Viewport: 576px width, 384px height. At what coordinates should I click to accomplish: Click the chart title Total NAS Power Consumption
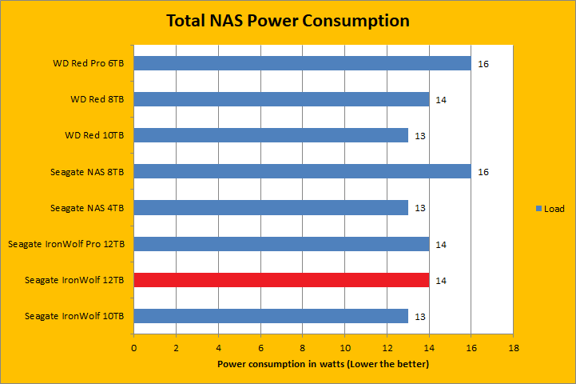(x=288, y=21)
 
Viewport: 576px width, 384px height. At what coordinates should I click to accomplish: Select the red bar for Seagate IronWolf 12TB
(x=281, y=280)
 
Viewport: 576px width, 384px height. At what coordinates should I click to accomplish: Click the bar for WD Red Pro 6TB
(x=302, y=63)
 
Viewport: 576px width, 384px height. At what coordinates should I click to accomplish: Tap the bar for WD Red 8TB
(x=281, y=99)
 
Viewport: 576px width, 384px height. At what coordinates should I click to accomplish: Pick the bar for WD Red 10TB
(x=271, y=135)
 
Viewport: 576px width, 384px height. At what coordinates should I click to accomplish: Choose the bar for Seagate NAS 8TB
(x=302, y=171)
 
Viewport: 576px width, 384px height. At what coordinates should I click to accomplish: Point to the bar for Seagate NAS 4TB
(x=271, y=208)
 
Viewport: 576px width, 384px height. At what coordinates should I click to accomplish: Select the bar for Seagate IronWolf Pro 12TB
(x=281, y=244)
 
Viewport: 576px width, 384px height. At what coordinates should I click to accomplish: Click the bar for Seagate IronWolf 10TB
(x=271, y=316)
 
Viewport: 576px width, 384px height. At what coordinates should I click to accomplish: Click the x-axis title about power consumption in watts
(x=324, y=365)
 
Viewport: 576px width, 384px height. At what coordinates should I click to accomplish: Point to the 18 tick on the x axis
(x=514, y=348)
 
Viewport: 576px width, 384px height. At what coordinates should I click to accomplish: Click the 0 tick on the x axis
(x=134, y=348)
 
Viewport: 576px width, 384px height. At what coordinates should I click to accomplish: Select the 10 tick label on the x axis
(x=344, y=348)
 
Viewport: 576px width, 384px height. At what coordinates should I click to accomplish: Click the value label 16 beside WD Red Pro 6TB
(x=483, y=63)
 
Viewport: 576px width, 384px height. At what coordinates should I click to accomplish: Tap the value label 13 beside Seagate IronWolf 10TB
(x=420, y=316)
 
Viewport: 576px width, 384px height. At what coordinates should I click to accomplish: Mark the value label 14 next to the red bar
(x=441, y=280)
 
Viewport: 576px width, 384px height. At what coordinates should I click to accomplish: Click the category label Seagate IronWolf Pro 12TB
(x=68, y=244)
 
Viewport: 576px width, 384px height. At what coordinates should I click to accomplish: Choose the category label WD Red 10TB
(x=94, y=135)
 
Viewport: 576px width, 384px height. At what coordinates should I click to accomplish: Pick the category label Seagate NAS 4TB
(x=86, y=208)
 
